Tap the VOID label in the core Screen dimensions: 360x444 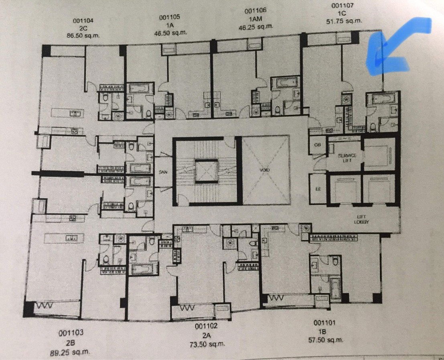point(264,170)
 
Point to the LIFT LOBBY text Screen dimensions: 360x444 point(361,219)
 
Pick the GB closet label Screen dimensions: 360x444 point(317,145)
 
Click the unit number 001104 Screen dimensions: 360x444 point(83,22)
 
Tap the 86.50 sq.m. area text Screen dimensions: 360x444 point(83,35)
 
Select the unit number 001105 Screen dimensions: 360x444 point(169,17)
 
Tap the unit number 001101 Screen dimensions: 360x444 point(324,322)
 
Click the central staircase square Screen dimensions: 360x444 point(206,170)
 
